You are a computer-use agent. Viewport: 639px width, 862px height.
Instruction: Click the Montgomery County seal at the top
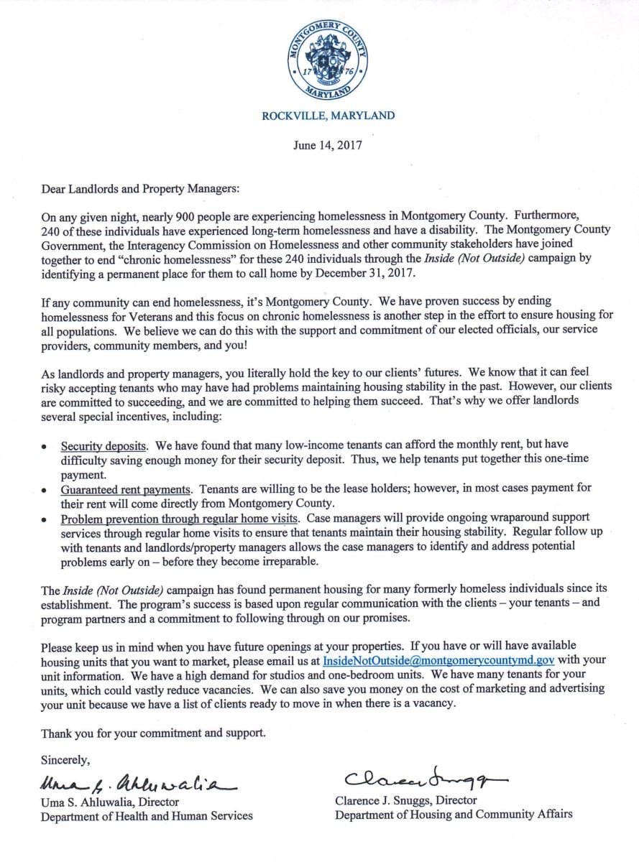point(327,60)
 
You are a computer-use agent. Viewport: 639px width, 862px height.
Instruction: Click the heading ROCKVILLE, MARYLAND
point(328,115)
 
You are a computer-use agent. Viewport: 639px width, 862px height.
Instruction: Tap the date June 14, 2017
point(327,145)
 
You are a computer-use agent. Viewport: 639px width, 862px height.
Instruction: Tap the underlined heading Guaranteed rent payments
point(126,488)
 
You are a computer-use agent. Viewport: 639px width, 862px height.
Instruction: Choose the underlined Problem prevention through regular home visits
point(179,518)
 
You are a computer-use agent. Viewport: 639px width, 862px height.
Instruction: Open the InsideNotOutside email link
point(428,659)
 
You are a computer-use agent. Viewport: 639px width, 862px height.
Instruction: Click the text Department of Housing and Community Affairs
point(454,815)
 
